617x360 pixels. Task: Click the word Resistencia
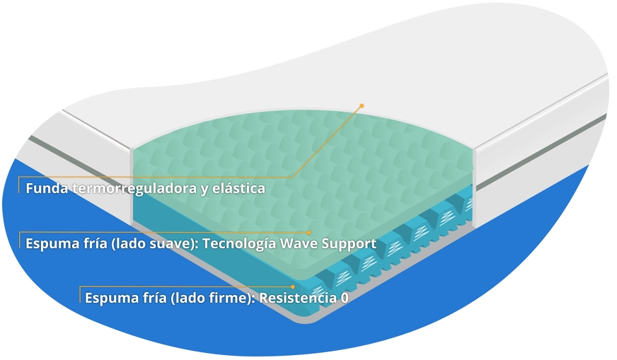pos(297,298)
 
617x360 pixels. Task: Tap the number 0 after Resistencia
pos(345,298)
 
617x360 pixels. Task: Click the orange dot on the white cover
pos(362,105)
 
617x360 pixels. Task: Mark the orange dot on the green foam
pos(309,232)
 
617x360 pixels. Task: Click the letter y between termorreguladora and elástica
pos(205,190)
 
